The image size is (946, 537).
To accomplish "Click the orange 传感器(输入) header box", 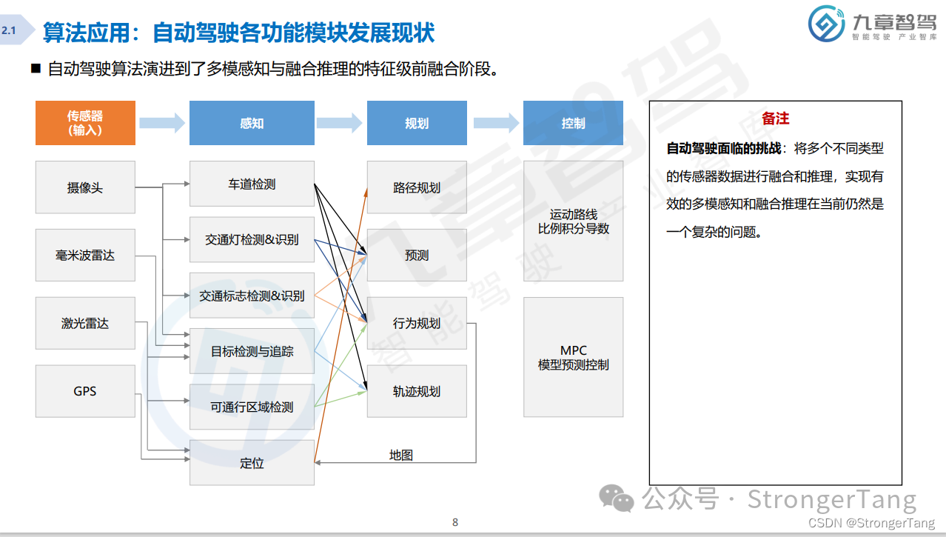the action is tap(85, 123).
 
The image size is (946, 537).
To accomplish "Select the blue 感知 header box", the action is tap(252, 123).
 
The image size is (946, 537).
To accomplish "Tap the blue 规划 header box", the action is tap(417, 123).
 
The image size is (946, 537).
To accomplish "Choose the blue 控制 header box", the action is tap(573, 123).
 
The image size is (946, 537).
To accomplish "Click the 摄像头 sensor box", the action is tap(85, 187).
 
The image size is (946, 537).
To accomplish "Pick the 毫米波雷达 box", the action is tap(85, 256).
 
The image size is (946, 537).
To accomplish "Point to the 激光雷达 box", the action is tap(85, 323).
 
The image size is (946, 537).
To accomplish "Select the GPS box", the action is tap(85, 391).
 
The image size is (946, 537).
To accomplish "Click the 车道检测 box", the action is tap(252, 184).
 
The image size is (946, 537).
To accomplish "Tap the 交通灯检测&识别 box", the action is tap(252, 239).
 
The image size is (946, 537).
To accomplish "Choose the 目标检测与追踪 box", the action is tap(252, 351).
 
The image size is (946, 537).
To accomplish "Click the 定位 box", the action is tap(252, 463).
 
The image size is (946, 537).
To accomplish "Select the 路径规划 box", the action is tap(417, 187).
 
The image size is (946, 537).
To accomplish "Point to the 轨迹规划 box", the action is tap(417, 391).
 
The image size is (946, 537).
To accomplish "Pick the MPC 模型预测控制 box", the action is tap(573, 357).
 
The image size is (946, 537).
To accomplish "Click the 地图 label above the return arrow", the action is tap(401, 455).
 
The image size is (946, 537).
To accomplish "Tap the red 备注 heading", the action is tap(775, 119).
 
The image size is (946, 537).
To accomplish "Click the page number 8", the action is tap(455, 522).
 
